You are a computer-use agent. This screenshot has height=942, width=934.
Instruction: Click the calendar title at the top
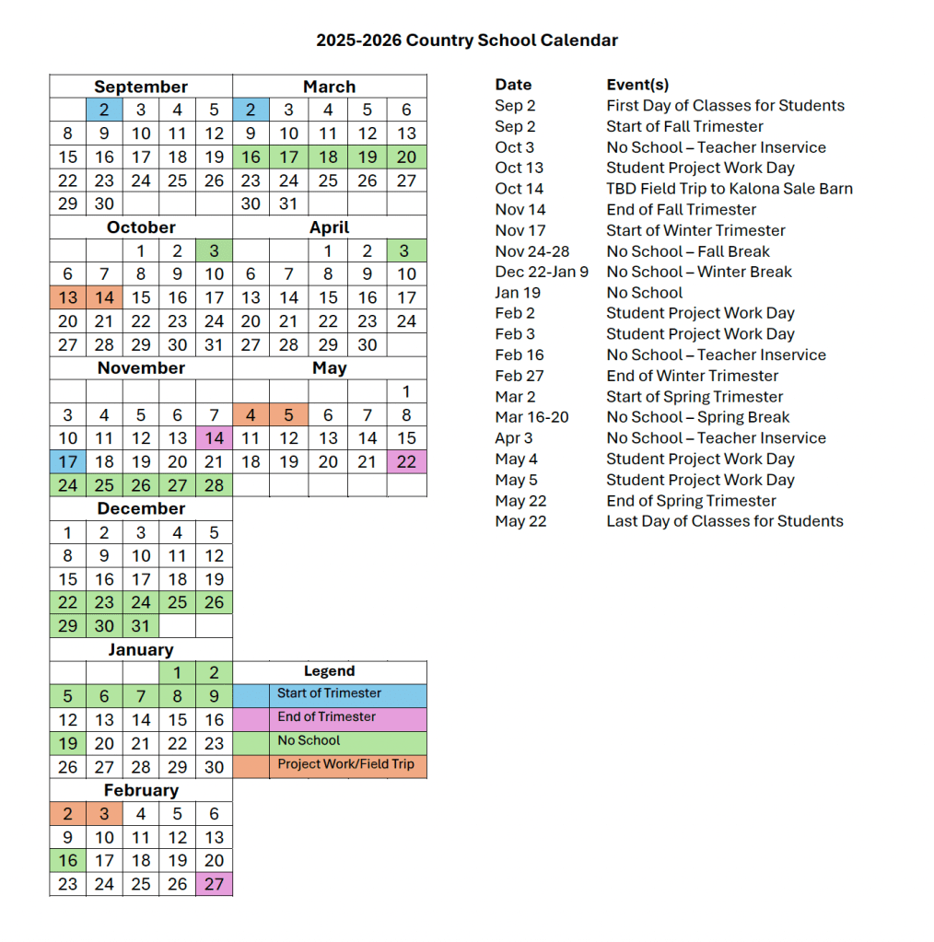pyautogui.click(x=467, y=41)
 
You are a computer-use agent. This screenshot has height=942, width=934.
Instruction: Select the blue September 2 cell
pyautogui.click(x=104, y=110)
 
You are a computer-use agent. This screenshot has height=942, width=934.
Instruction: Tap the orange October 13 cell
pyautogui.click(x=67, y=297)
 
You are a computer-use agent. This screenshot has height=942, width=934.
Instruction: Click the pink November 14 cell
pyautogui.click(x=214, y=438)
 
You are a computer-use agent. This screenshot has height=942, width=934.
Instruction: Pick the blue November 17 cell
pyautogui.click(x=67, y=461)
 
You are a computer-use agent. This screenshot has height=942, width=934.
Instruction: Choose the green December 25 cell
pyautogui.click(x=177, y=602)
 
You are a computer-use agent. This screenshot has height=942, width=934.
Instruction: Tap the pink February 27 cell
pyautogui.click(x=214, y=884)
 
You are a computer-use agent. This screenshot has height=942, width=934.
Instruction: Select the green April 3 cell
pyautogui.click(x=406, y=250)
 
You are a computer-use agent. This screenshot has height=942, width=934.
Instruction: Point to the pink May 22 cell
pyautogui.click(x=406, y=461)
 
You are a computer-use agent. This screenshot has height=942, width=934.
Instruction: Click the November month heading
pyautogui.click(x=141, y=367)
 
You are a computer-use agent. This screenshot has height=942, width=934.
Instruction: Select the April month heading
pyautogui.click(x=329, y=227)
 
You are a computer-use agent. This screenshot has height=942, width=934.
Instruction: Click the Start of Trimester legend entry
pyautogui.click(x=329, y=693)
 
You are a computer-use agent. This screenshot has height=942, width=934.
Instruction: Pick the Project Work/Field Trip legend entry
pyautogui.click(x=345, y=764)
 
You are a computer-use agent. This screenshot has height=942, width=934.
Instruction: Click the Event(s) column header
pyautogui.click(x=637, y=85)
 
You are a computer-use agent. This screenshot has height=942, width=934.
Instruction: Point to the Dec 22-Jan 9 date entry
pyautogui.click(x=542, y=272)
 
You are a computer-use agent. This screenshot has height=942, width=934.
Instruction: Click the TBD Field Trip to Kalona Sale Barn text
pyautogui.click(x=729, y=189)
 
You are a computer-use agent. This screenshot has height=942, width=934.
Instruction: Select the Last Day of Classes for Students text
pyautogui.click(x=724, y=521)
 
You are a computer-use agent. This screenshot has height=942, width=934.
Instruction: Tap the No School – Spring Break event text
pyautogui.click(x=697, y=417)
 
